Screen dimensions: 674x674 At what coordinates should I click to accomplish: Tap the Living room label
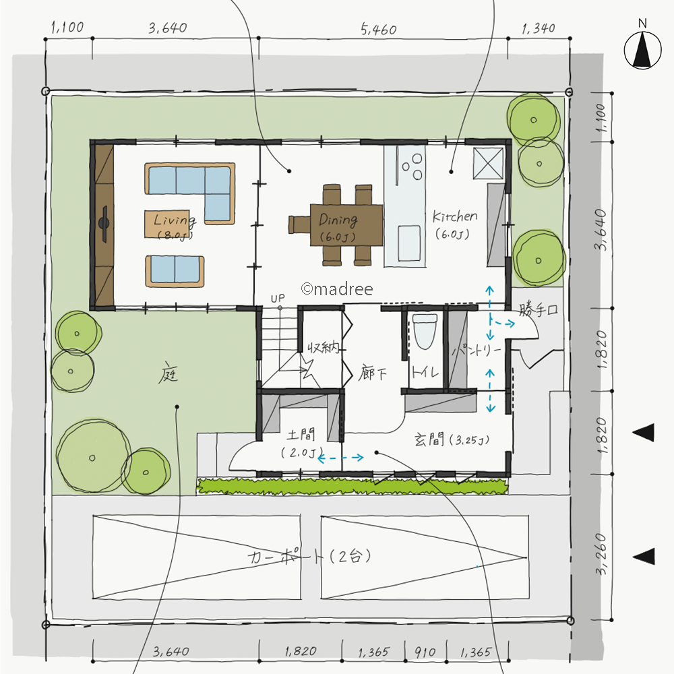coord(175,220)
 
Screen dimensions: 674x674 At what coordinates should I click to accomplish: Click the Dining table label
coord(338,220)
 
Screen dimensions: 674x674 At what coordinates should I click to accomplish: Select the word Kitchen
coord(455,216)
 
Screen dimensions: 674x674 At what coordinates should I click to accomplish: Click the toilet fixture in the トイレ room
coord(425,332)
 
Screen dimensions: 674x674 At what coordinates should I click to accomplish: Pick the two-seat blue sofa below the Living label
coord(175,271)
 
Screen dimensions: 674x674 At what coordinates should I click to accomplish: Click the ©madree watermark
coord(336,289)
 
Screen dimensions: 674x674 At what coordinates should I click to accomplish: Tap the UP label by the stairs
coord(278,298)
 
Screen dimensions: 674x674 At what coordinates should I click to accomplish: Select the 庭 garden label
coord(168,374)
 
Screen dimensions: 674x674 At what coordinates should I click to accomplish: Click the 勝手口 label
coord(538,309)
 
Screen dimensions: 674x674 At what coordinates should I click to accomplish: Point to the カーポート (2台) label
coord(309,557)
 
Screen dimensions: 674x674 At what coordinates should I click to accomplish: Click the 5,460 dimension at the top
coord(378,29)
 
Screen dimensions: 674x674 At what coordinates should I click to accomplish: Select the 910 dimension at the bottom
coord(425,652)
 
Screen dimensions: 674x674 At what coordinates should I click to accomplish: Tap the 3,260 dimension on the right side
coord(601,554)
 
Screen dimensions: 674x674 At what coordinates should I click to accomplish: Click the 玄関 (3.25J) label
coord(452,439)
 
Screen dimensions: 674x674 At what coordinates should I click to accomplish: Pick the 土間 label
coord(301,435)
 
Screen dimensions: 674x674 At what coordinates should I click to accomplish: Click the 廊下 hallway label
coord(372,373)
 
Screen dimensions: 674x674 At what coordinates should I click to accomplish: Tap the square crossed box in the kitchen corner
coord(488,163)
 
